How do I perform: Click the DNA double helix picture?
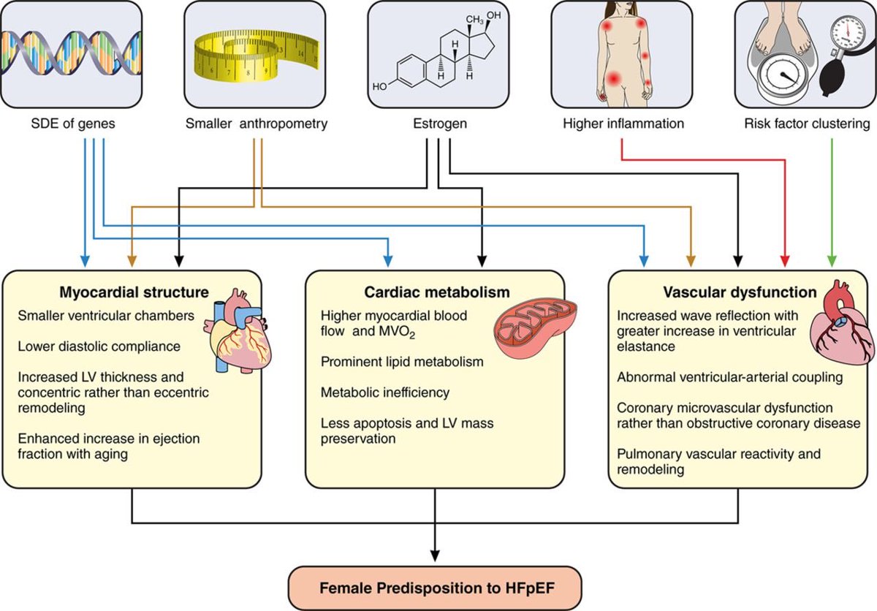click(x=71, y=53)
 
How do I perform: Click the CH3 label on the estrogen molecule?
click(x=474, y=20)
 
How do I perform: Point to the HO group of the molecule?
click(x=379, y=86)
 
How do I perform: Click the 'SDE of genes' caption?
click(x=73, y=124)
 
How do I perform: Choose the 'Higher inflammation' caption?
click(x=623, y=124)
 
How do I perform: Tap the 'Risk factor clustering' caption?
click(x=807, y=124)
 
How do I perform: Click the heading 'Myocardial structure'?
click(x=134, y=292)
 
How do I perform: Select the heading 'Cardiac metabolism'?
click(x=437, y=292)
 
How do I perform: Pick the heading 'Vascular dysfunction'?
click(x=740, y=292)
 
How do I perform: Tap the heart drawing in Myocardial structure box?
click(x=238, y=331)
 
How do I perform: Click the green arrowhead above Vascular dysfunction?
click(x=832, y=261)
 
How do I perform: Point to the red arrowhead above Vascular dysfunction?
click(x=785, y=261)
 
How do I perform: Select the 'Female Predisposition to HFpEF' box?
click(x=435, y=588)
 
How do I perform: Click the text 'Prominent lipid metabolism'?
click(x=402, y=362)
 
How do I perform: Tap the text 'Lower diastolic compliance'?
click(x=99, y=346)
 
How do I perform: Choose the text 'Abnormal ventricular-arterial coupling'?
click(x=730, y=377)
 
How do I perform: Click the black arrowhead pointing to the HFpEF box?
click(x=435, y=555)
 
